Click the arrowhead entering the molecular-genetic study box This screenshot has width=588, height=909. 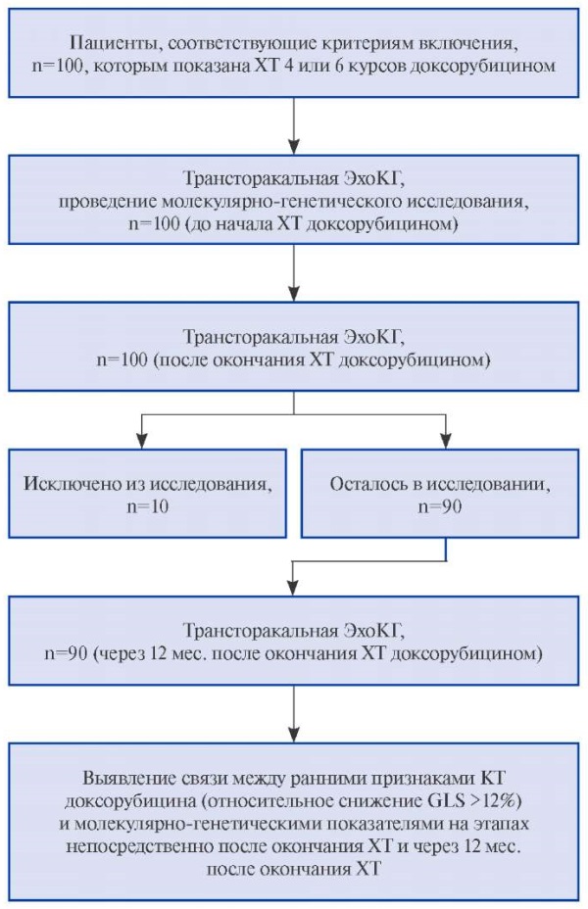[294, 147]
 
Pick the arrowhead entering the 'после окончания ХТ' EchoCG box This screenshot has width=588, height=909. [294, 294]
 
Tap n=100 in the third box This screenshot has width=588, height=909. [122, 359]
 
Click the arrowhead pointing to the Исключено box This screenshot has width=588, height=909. [142, 441]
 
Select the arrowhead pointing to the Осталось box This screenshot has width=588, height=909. [445, 441]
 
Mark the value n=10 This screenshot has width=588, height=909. [148, 506]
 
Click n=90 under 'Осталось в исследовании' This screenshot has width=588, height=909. [440, 506]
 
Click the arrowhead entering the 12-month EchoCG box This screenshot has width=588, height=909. [294, 589]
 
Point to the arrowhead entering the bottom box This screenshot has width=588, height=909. [294, 735]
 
